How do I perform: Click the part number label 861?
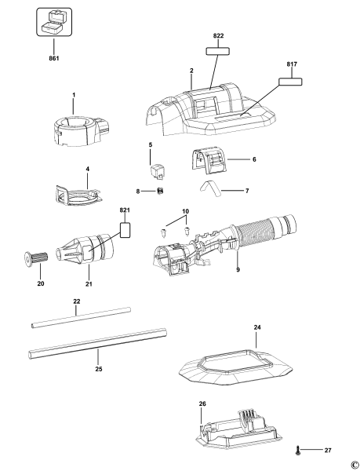53,58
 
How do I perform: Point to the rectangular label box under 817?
289,80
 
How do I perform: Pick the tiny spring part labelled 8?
159,191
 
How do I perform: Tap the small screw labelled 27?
300,450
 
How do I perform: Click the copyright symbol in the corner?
354,464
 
